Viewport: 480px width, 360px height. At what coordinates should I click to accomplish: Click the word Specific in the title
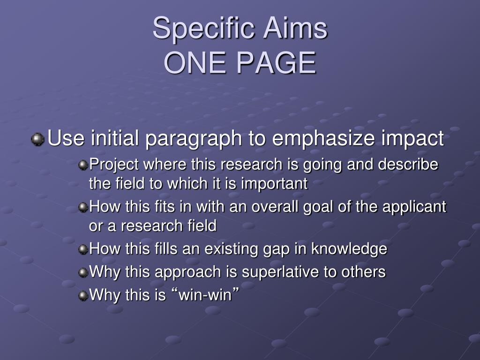pyautogui.click(x=203, y=29)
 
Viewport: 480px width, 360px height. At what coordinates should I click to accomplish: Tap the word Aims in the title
pyautogui.click(x=295, y=28)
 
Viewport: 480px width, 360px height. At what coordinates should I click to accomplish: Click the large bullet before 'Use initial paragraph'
pyautogui.click(x=37, y=139)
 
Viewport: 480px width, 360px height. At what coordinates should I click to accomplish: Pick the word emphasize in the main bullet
pyautogui.click(x=323, y=139)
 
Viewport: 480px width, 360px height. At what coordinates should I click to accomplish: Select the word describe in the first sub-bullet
pyautogui.click(x=408, y=164)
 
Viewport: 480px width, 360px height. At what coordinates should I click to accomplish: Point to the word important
pyautogui.click(x=274, y=184)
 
